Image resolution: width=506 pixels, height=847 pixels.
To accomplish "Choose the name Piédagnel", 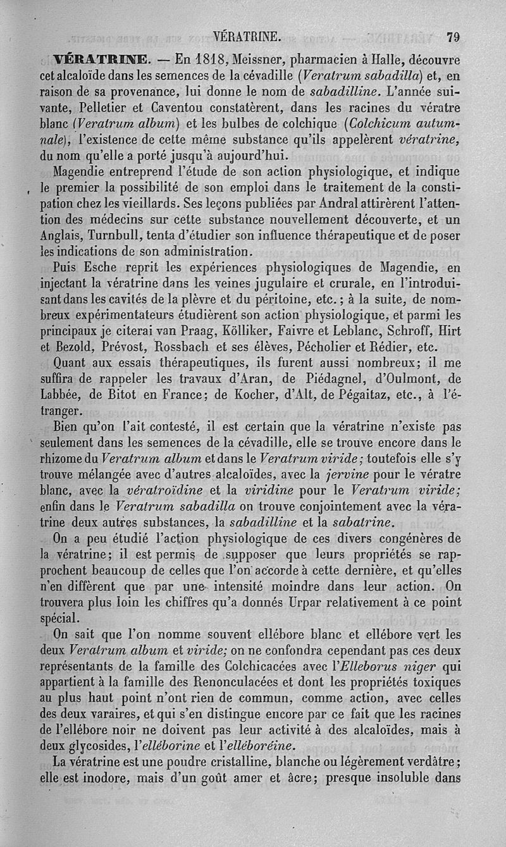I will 324,379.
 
